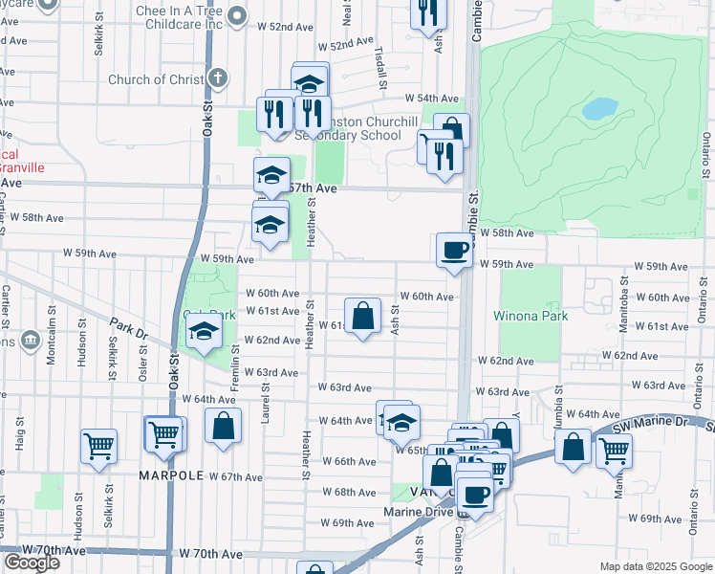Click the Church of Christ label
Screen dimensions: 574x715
[156, 79]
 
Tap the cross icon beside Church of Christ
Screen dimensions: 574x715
[219, 78]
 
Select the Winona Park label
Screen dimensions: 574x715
[531, 316]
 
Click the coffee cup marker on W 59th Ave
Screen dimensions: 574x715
[453, 251]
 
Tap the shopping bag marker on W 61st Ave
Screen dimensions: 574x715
[363, 316]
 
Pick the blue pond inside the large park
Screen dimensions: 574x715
[599, 108]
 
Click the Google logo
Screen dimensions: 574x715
[32, 562]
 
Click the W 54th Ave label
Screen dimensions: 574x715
[431, 99]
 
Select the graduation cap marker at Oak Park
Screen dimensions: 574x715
[204, 331]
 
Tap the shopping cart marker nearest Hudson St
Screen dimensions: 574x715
[98, 446]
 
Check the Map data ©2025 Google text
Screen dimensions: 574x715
[655, 566]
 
